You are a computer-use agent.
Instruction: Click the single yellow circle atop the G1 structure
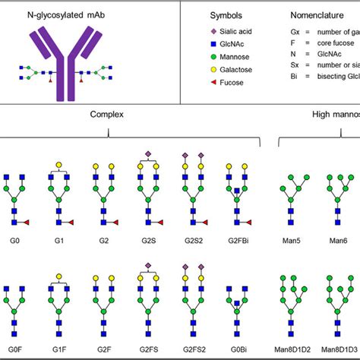(x=58, y=164)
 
